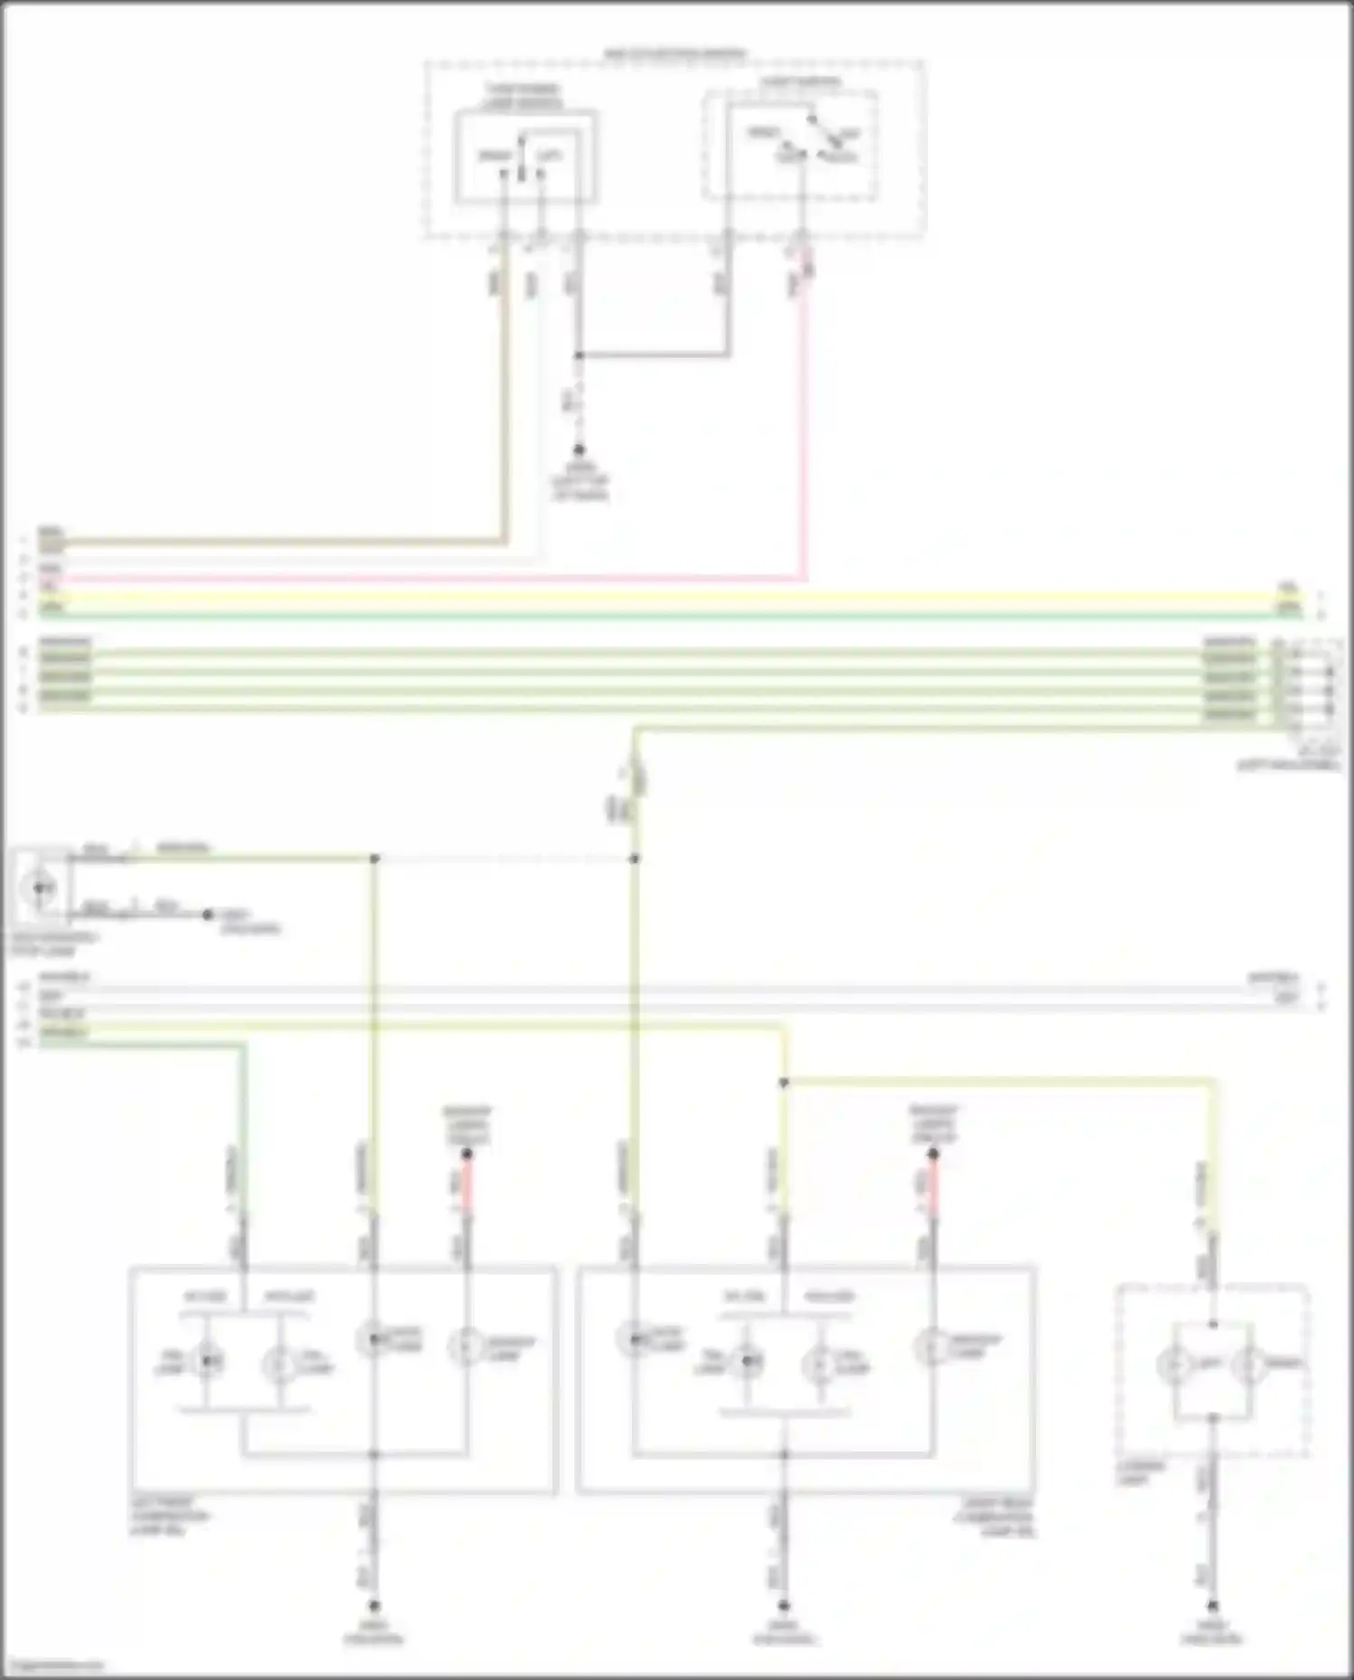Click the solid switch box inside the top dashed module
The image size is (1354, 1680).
pos(525,157)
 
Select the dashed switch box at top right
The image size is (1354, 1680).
pos(790,144)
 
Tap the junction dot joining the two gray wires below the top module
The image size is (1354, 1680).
pos(579,356)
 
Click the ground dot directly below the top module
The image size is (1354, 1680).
pos(579,450)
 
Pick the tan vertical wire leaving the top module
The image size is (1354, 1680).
pos(505,406)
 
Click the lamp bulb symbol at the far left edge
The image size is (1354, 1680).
pos(39,888)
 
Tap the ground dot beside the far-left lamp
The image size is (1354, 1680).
pos(208,914)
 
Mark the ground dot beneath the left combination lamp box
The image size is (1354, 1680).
pos(374,1606)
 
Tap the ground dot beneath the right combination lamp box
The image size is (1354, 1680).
pos(784,1606)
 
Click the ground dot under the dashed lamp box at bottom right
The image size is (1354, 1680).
pos(1213,1606)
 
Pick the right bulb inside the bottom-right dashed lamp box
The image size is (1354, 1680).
pos(1250,1366)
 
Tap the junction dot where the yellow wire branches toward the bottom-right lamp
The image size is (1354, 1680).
pos(784,1082)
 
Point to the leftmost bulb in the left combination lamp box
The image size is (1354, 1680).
pos(209,1361)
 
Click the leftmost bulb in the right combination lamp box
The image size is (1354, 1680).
pos(635,1340)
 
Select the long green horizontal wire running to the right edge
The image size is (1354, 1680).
pos(668,616)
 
